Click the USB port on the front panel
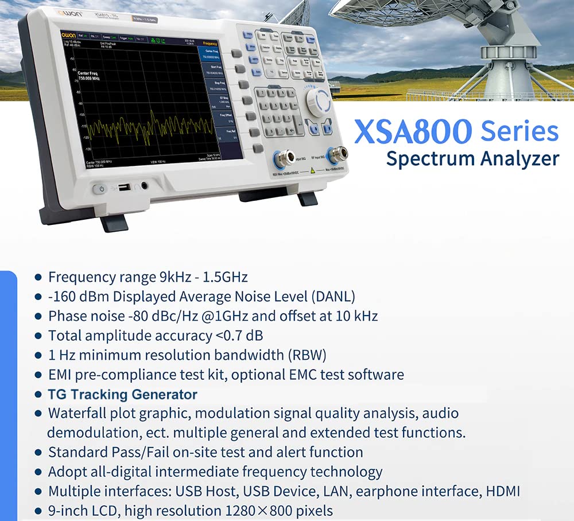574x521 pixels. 122,186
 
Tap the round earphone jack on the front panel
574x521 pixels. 143,186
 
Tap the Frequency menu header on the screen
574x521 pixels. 210,43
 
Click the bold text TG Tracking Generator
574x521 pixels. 123,394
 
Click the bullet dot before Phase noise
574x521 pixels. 38,316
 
